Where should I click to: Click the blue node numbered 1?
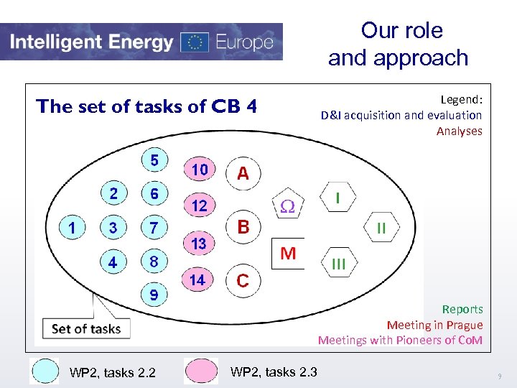(72, 228)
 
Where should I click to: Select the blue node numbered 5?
(154, 159)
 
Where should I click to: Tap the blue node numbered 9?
(154, 295)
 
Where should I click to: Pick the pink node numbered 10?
(199, 170)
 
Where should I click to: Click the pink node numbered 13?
(199, 244)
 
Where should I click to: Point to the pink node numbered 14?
(197, 280)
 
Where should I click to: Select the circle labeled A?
(243, 173)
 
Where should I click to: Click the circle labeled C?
(243, 280)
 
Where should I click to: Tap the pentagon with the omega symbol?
(287, 205)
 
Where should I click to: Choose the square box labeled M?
(288, 253)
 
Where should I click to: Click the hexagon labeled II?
(381, 228)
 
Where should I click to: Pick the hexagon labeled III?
(339, 264)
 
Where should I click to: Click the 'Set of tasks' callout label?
(86, 329)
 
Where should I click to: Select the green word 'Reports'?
(462, 309)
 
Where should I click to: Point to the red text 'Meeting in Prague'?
(434, 325)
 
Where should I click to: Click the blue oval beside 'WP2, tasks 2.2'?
(44, 371)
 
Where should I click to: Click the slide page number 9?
(499, 377)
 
